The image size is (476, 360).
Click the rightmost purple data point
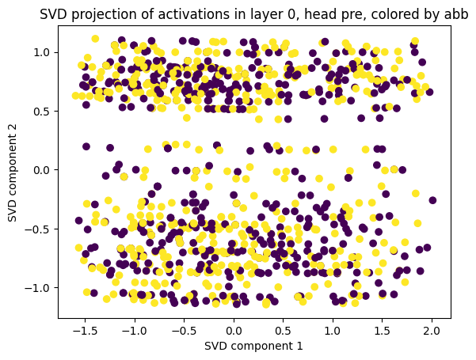click(x=432, y=200)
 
